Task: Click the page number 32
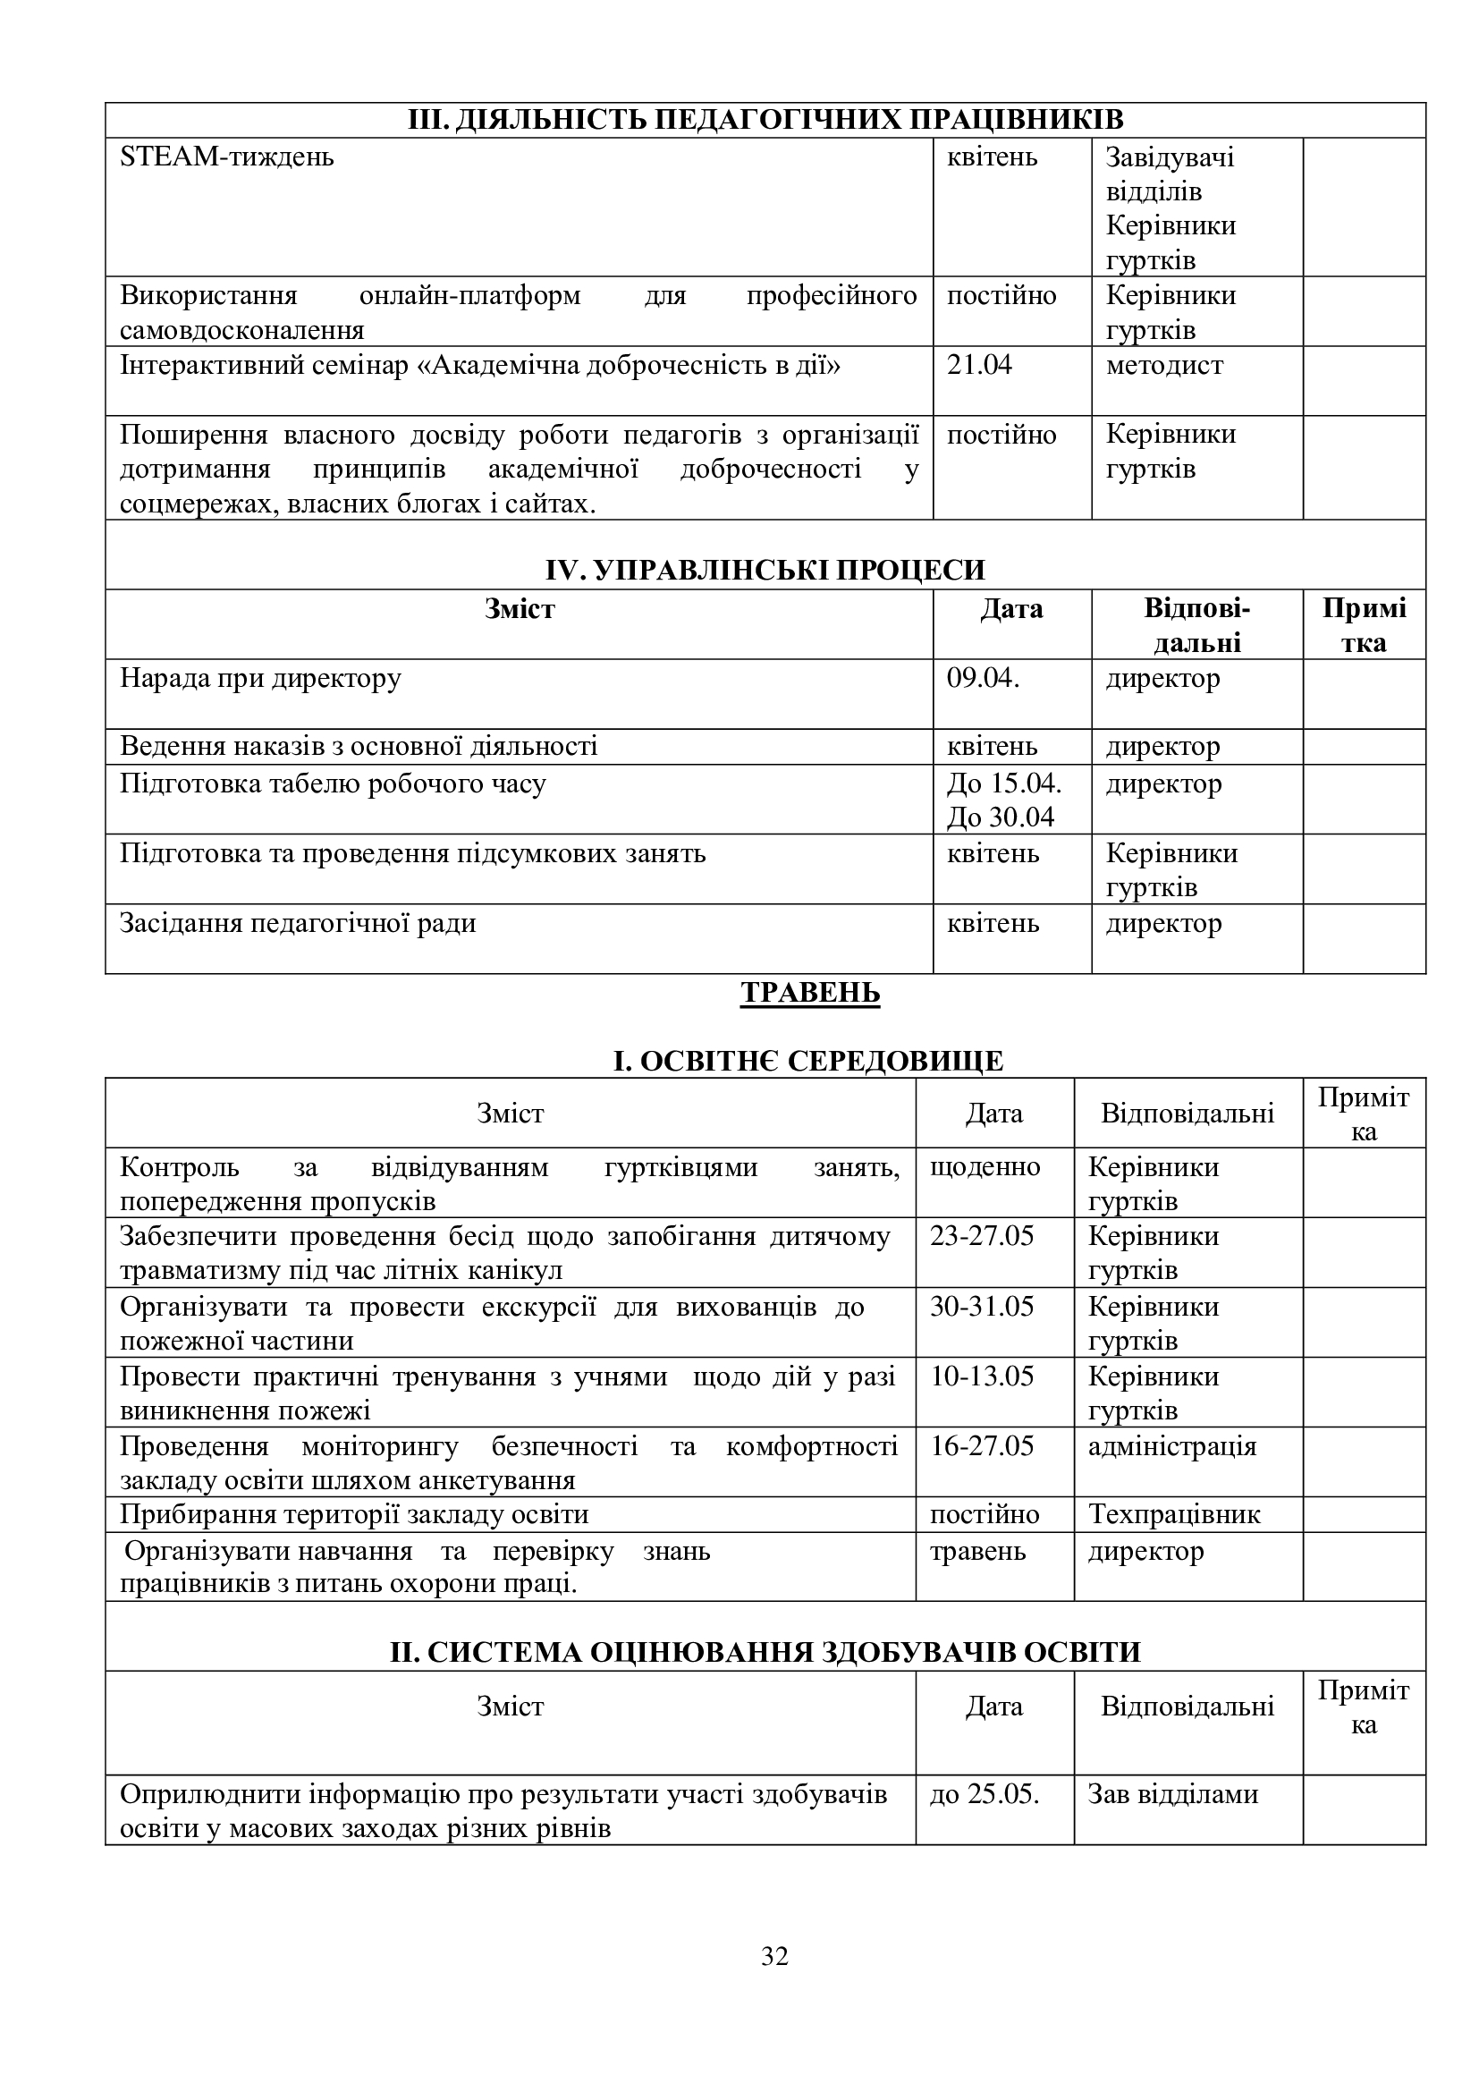coord(774,1955)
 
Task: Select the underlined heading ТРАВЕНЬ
coord(809,992)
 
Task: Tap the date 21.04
coord(979,366)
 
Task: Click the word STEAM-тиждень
coord(227,157)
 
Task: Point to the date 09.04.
coord(983,678)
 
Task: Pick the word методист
coord(1164,366)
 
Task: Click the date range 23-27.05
coord(982,1235)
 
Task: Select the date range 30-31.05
coord(982,1306)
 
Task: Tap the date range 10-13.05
coord(982,1376)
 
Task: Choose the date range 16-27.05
coord(982,1446)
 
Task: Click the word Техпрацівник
coord(1174,1514)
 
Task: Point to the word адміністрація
coord(1172,1446)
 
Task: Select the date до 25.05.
coord(985,1794)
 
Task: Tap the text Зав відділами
coord(1173,1794)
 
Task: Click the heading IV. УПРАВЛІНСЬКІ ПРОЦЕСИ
coord(765,570)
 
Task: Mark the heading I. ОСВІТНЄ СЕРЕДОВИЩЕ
coord(807,1061)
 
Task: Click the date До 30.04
coord(1000,817)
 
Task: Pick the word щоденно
coord(985,1166)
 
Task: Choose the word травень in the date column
coord(977,1551)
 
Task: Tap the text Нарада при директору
coord(260,678)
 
